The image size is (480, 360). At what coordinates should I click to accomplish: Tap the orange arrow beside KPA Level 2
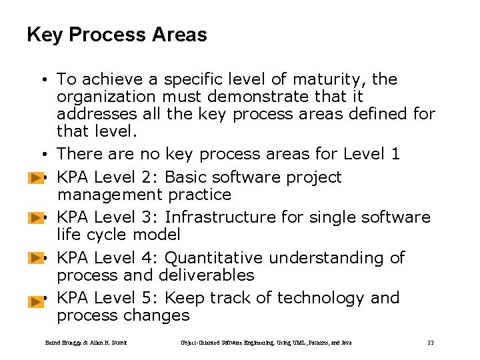tap(36, 179)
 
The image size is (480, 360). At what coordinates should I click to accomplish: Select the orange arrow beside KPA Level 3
tap(36, 219)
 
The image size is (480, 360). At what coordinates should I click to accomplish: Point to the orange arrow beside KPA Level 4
tap(36, 259)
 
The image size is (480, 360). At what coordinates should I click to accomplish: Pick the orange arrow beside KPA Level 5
tap(36, 301)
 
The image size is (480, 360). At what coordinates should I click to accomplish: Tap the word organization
tap(102, 97)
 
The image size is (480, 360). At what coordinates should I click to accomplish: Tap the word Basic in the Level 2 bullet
tap(185, 177)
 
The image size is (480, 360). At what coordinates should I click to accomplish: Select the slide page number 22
tap(431, 343)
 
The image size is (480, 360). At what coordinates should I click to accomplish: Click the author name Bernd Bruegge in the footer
tap(62, 343)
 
